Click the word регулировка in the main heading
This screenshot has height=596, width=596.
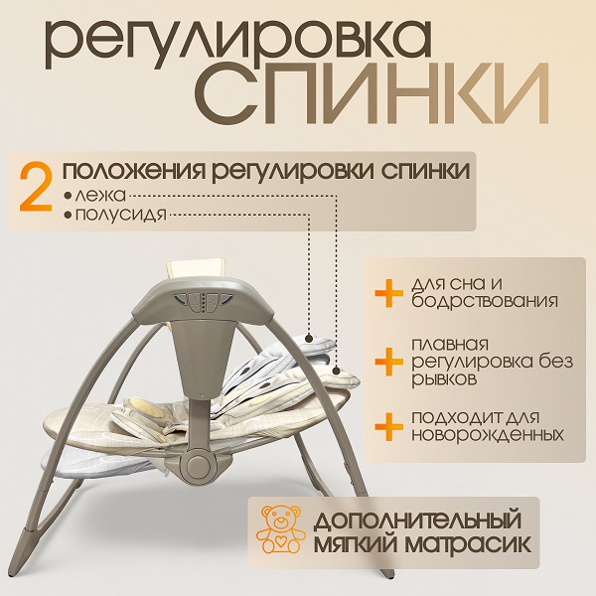pyautogui.click(x=238, y=44)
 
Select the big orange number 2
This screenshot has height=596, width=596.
pyautogui.click(x=36, y=188)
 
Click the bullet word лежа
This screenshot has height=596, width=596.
pyautogui.click(x=100, y=196)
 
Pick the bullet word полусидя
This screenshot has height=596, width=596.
pyautogui.click(x=121, y=215)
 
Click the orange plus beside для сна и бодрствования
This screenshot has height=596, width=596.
pyautogui.click(x=388, y=293)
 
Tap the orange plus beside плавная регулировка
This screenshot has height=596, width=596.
pyautogui.click(x=388, y=362)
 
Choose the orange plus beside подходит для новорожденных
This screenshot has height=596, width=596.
pyautogui.click(x=388, y=426)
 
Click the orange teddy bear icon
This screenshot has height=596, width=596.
pyautogui.click(x=280, y=529)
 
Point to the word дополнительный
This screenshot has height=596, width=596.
pyautogui.click(x=417, y=519)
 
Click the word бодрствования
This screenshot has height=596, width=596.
pyautogui.click(x=485, y=301)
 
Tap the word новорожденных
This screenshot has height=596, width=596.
pyautogui.click(x=488, y=434)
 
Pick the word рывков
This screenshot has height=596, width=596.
pyautogui.click(x=444, y=379)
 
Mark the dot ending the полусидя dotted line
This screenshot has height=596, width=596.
pyautogui.click(x=309, y=337)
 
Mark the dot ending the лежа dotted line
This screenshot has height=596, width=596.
pyautogui.click(x=336, y=371)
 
